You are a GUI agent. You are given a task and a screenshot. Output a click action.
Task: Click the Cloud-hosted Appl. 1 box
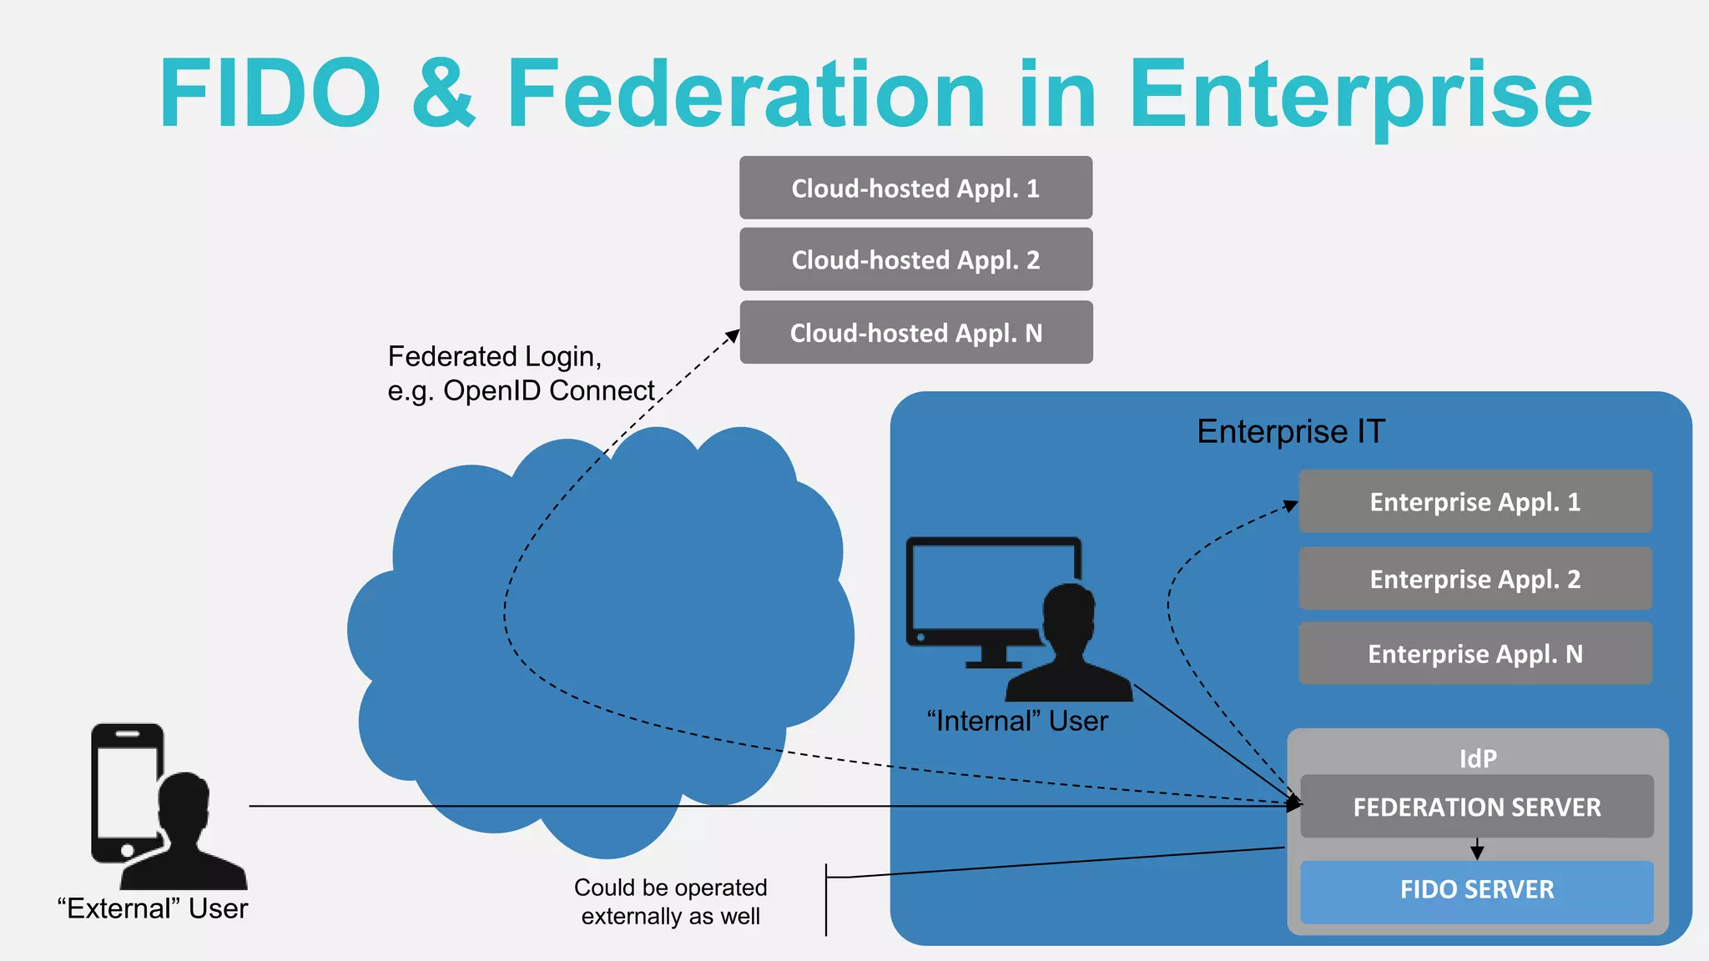pyautogui.click(x=915, y=189)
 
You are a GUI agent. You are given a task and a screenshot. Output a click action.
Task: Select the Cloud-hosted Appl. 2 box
pyautogui.click(x=915, y=260)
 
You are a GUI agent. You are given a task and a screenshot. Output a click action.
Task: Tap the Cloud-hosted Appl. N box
pyautogui.click(x=915, y=333)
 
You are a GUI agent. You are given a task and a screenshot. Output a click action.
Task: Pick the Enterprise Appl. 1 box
pyautogui.click(x=1475, y=501)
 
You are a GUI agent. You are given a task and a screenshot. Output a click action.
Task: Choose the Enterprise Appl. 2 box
pyautogui.click(x=1475, y=579)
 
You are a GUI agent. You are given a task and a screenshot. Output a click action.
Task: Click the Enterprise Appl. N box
pyautogui.click(x=1475, y=654)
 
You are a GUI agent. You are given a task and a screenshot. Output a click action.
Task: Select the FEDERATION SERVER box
pyautogui.click(x=1476, y=807)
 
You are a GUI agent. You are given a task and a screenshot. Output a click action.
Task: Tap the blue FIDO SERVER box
pyautogui.click(x=1476, y=890)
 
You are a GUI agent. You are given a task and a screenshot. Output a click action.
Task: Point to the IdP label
pyautogui.click(x=1477, y=758)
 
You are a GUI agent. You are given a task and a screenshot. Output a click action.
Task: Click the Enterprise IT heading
pyautogui.click(x=1290, y=432)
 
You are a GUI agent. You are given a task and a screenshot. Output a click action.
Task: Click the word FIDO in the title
pyautogui.click(x=270, y=93)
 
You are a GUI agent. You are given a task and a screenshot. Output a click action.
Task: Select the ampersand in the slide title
pyautogui.click(x=443, y=93)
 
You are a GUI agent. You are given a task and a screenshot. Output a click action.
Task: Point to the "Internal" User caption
pyautogui.click(x=1017, y=721)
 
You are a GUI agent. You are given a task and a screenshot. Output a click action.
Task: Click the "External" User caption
pyautogui.click(x=153, y=908)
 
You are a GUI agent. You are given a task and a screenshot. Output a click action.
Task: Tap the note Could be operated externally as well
pyautogui.click(x=670, y=902)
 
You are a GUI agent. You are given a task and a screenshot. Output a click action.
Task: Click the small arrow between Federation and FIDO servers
pyautogui.click(x=1477, y=850)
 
